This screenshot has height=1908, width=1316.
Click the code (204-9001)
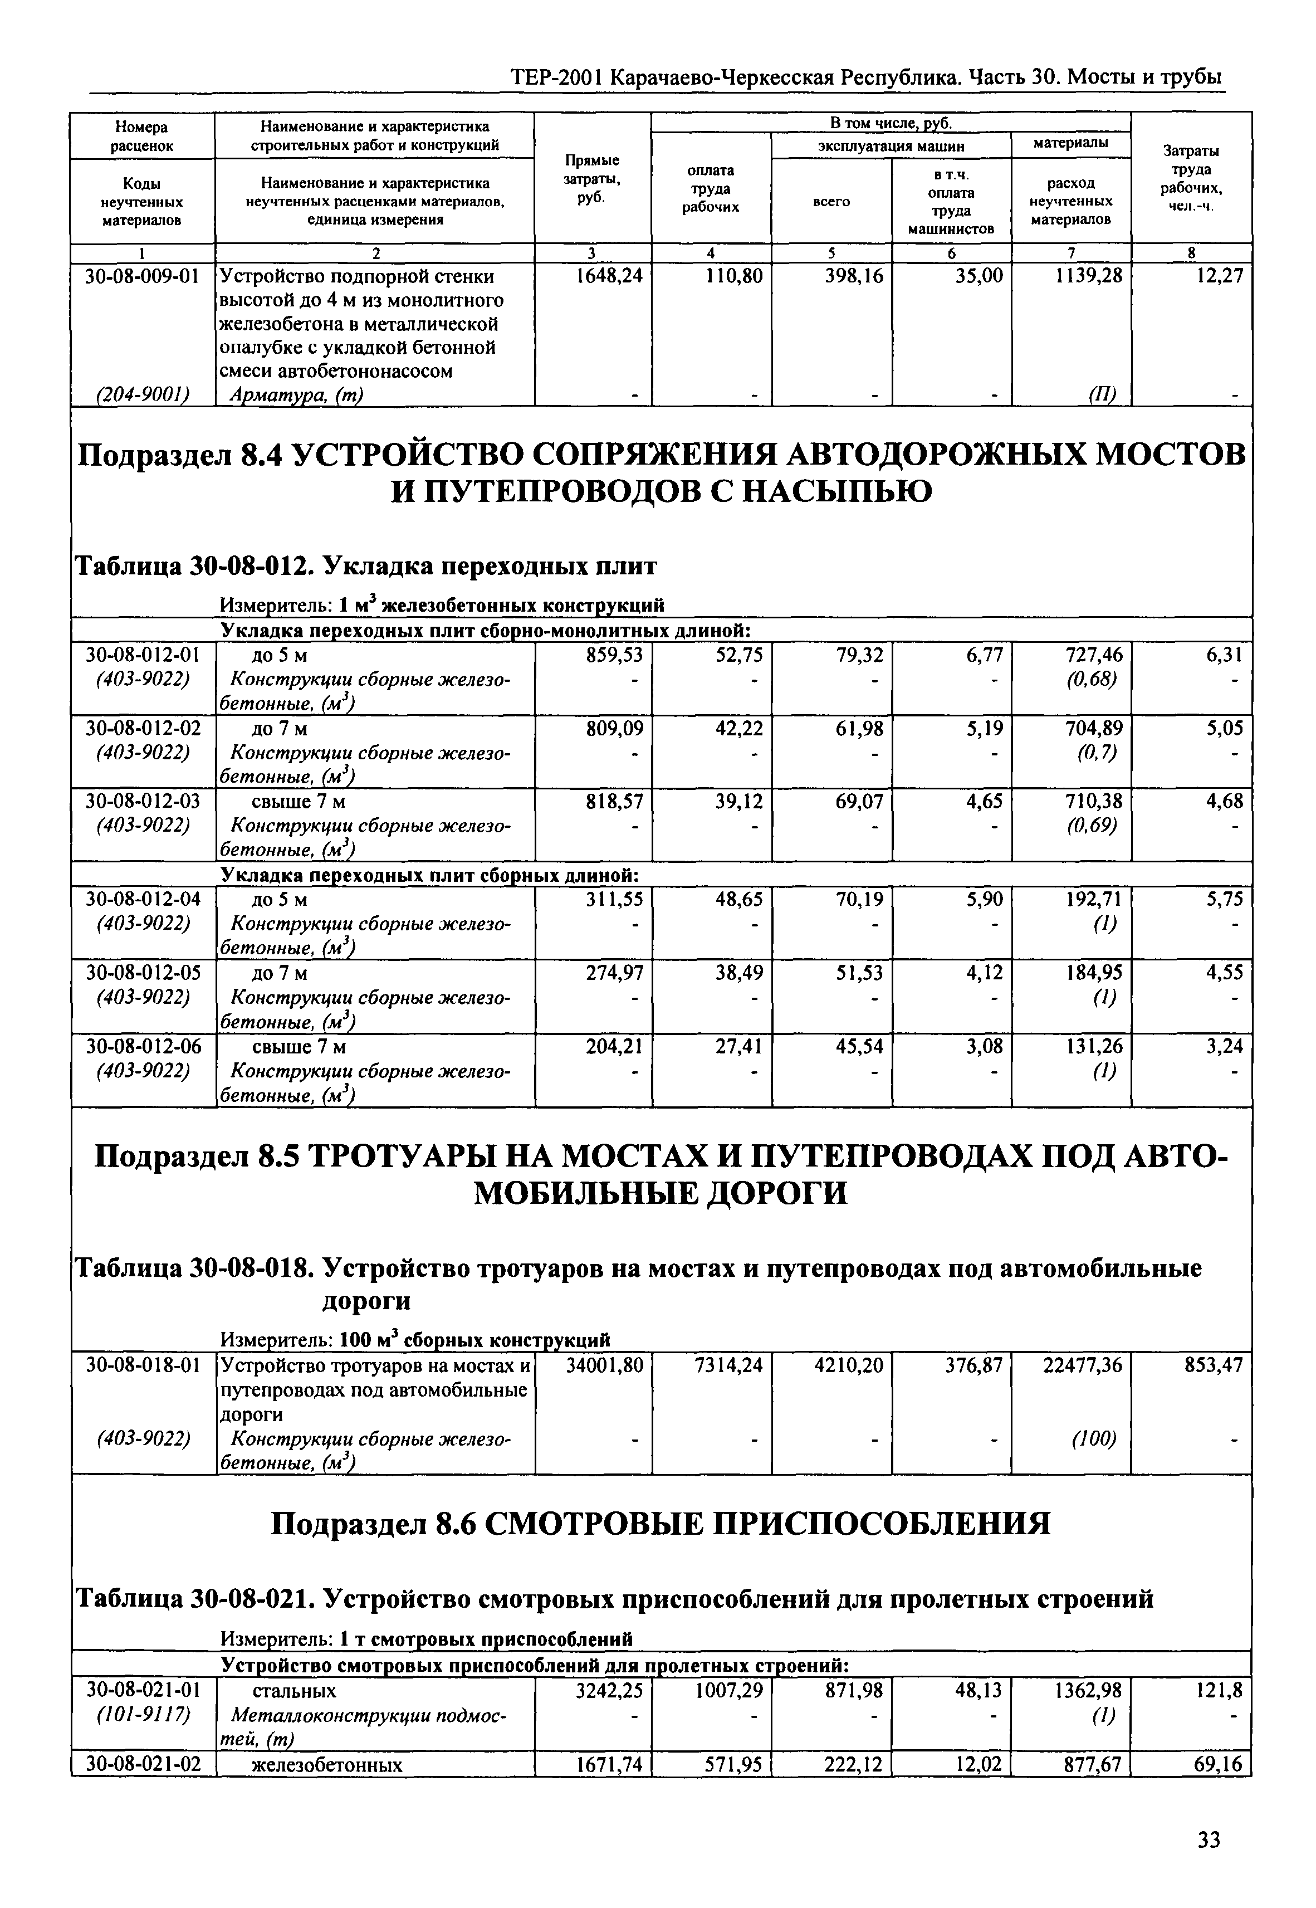point(144,395)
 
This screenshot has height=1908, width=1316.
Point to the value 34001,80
point(604,1365)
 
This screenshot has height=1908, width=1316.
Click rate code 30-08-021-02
point(144,1764)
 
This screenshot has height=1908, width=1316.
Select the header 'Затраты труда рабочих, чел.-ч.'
point(1191,177)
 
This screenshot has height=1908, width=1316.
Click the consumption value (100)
point(1093,1439)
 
